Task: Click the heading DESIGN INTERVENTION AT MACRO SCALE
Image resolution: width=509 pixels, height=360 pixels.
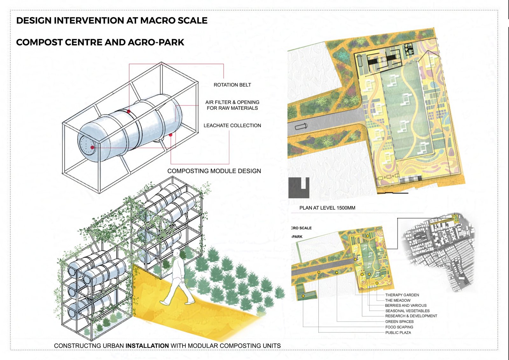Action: pos(112,20)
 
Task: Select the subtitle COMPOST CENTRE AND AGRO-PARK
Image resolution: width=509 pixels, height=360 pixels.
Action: pos(100,42)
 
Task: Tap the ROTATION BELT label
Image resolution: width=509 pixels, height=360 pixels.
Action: pos(232,85)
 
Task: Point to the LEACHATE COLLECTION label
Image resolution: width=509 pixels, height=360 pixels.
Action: pos(232,125)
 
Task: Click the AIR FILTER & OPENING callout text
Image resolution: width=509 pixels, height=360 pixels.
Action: pos(232,102)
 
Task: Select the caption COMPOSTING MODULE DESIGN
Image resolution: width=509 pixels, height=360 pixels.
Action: pos(214,171)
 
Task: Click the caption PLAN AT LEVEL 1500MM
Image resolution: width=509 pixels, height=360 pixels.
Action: pos(327,208)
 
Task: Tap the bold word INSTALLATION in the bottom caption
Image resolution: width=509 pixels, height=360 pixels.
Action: pos(147,346)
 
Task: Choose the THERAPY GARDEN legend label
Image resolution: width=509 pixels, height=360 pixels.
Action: pos(402,295)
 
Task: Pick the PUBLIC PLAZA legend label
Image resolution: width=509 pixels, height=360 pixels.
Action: pos(398,333)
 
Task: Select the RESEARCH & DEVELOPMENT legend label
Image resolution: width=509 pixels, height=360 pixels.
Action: pos(411,316)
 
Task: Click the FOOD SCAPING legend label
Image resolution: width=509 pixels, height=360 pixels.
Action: pos(399,327)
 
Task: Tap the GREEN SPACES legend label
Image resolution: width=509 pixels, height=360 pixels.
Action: pos(399,321)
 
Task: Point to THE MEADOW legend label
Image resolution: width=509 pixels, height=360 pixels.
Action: pos(398,300)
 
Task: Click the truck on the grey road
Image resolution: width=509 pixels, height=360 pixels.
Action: pos(301,126)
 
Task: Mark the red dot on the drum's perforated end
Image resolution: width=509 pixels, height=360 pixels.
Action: pos(92,147)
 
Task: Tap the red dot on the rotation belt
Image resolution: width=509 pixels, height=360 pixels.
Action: pos(129,111)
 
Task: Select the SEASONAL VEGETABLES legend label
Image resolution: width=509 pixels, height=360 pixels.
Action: pos(408,311)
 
